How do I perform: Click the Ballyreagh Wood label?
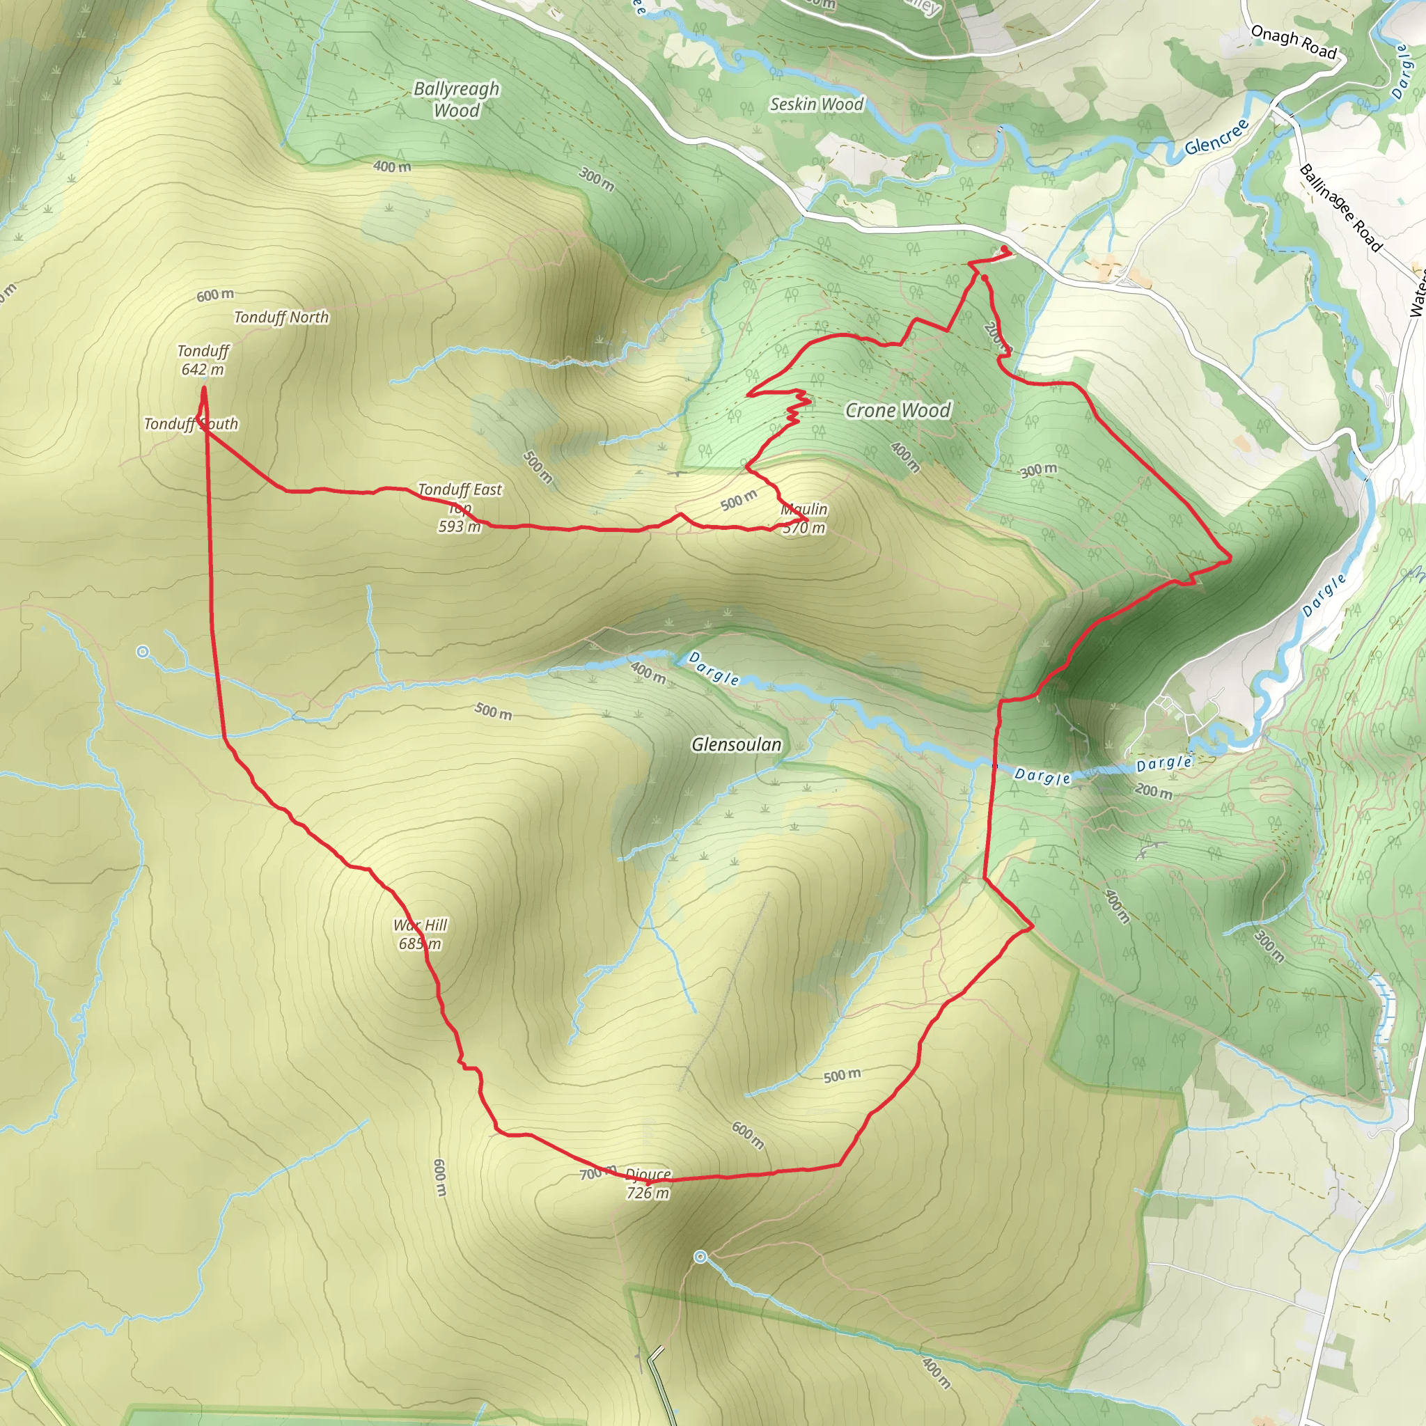pos(456,99)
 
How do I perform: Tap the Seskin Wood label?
pos(816,104)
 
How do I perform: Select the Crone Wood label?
pos(898,410)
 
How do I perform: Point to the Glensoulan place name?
pos(736,744)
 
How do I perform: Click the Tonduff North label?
pos(281,318)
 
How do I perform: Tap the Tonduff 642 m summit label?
pos(203,360)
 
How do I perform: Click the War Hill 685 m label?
pos(420,934)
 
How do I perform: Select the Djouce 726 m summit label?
pos(648,1183)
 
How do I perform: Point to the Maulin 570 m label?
pos(804,518)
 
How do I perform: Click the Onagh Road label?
pos(1293,41)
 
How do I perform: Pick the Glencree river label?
pos(1216,136)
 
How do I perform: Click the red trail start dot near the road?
pos(1004,249)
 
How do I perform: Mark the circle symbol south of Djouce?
pos(700,1257)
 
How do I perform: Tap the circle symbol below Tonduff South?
pos(143,652)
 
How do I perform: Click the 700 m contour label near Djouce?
pos(597,1172)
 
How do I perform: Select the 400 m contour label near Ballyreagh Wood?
pos(392,167)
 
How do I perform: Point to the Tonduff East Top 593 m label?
pos(460,507)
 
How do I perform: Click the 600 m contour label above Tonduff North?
pos(214,295)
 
